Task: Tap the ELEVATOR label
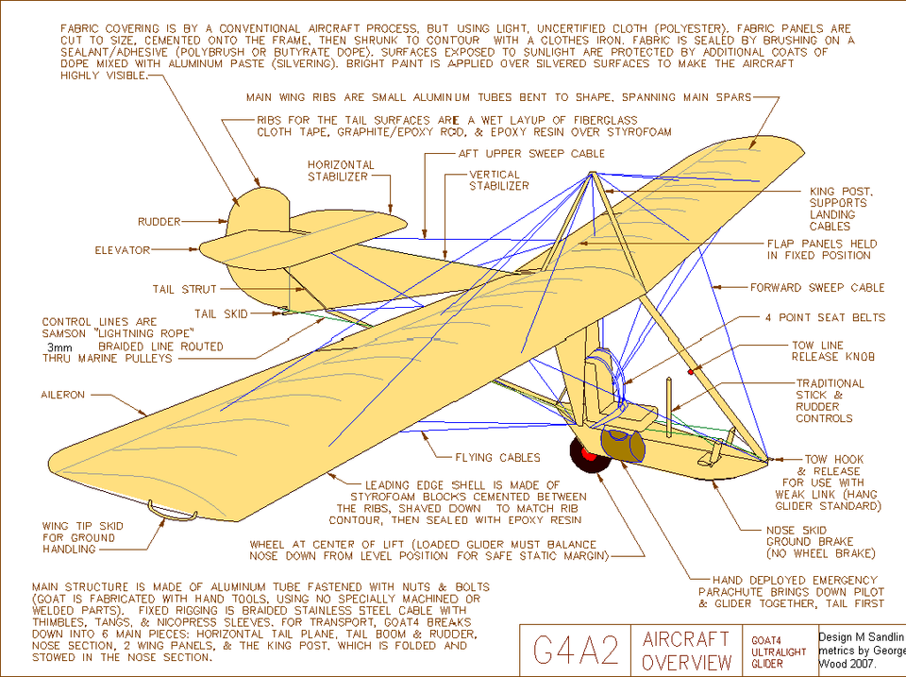pos(122,250)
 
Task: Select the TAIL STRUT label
pos(184,289)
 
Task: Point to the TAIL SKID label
pos(219,313)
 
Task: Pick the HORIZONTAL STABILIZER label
pos(341,171)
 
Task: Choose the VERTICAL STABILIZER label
pos(498,180)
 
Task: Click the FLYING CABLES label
pos(498,458)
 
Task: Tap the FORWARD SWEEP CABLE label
pos(817,287)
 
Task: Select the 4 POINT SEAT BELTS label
pos(825,317)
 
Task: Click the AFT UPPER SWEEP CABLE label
pos(531,153)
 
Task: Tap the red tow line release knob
pos(691,371)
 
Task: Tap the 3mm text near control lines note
pos(58,347)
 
